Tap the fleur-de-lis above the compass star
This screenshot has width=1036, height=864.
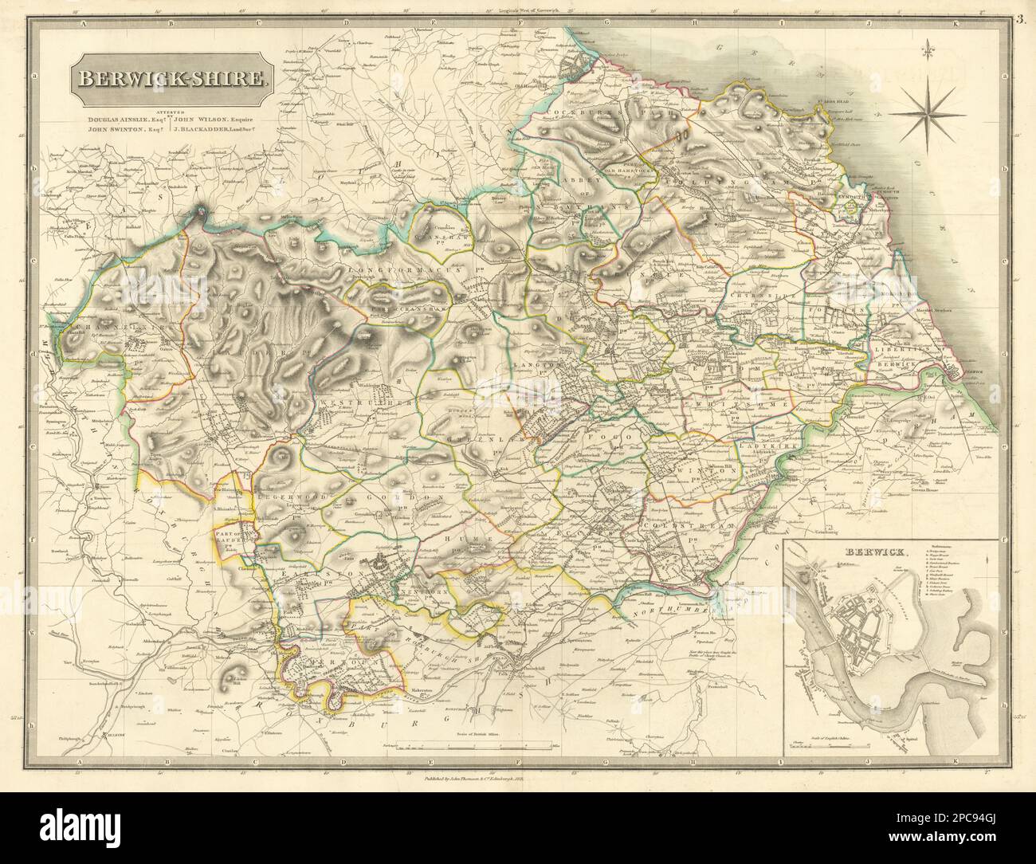coord(928,54)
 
